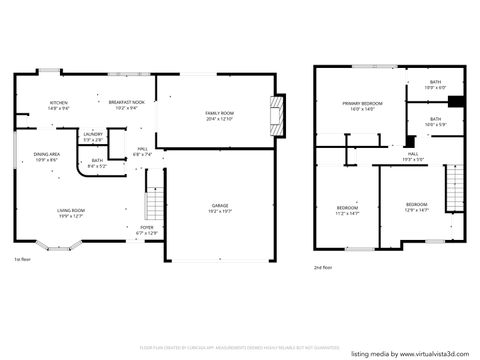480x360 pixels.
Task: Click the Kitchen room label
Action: coord(59,105)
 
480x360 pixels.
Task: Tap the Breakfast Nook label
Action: coord(128,105)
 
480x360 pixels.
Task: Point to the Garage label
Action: coord(219,208)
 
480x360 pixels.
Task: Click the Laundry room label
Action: coord(93,136)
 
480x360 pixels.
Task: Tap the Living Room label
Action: coord(69,212)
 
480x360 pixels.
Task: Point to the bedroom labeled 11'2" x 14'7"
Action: coord(346,210)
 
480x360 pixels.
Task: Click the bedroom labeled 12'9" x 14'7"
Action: coord(416,207)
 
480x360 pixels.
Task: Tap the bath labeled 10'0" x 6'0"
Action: coord(435,85)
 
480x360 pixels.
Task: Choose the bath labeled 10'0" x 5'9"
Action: coord(435,122)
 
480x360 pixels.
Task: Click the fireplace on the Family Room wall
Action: coord(278,114)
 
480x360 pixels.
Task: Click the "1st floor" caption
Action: coord(22,259)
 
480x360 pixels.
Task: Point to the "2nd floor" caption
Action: coord(323,267)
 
